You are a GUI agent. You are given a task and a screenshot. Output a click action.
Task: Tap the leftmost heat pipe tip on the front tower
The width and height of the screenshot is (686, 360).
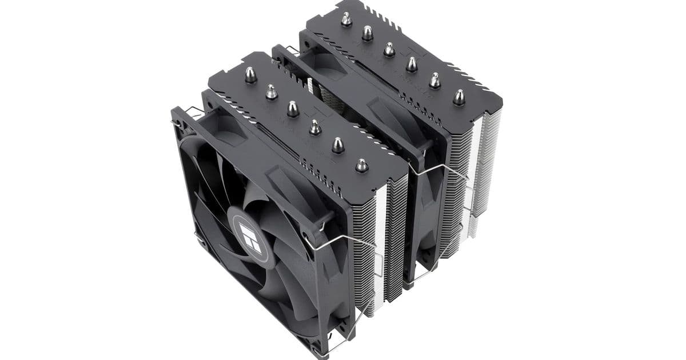(250, 74)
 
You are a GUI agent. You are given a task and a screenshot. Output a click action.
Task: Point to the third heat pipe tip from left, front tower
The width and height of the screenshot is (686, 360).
(293, 109)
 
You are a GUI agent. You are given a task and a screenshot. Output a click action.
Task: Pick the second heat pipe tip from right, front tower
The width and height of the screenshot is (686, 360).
(337, 145)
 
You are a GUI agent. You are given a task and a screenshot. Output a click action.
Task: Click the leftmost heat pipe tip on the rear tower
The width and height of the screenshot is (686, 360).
(345, 19)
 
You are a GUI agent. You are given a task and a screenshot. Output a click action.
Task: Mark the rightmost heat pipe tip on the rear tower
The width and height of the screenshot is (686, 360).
(458, 97)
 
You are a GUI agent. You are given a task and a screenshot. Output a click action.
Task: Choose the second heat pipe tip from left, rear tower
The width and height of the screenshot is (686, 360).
(367, 33)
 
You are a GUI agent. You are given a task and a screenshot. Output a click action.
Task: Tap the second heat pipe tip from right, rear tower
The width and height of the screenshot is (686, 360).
(434, 81)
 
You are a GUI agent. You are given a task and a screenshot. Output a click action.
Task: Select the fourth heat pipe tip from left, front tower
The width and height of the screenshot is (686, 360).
(315, 127)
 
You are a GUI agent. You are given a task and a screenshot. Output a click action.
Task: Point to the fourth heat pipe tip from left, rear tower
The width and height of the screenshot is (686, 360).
(412, 64)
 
